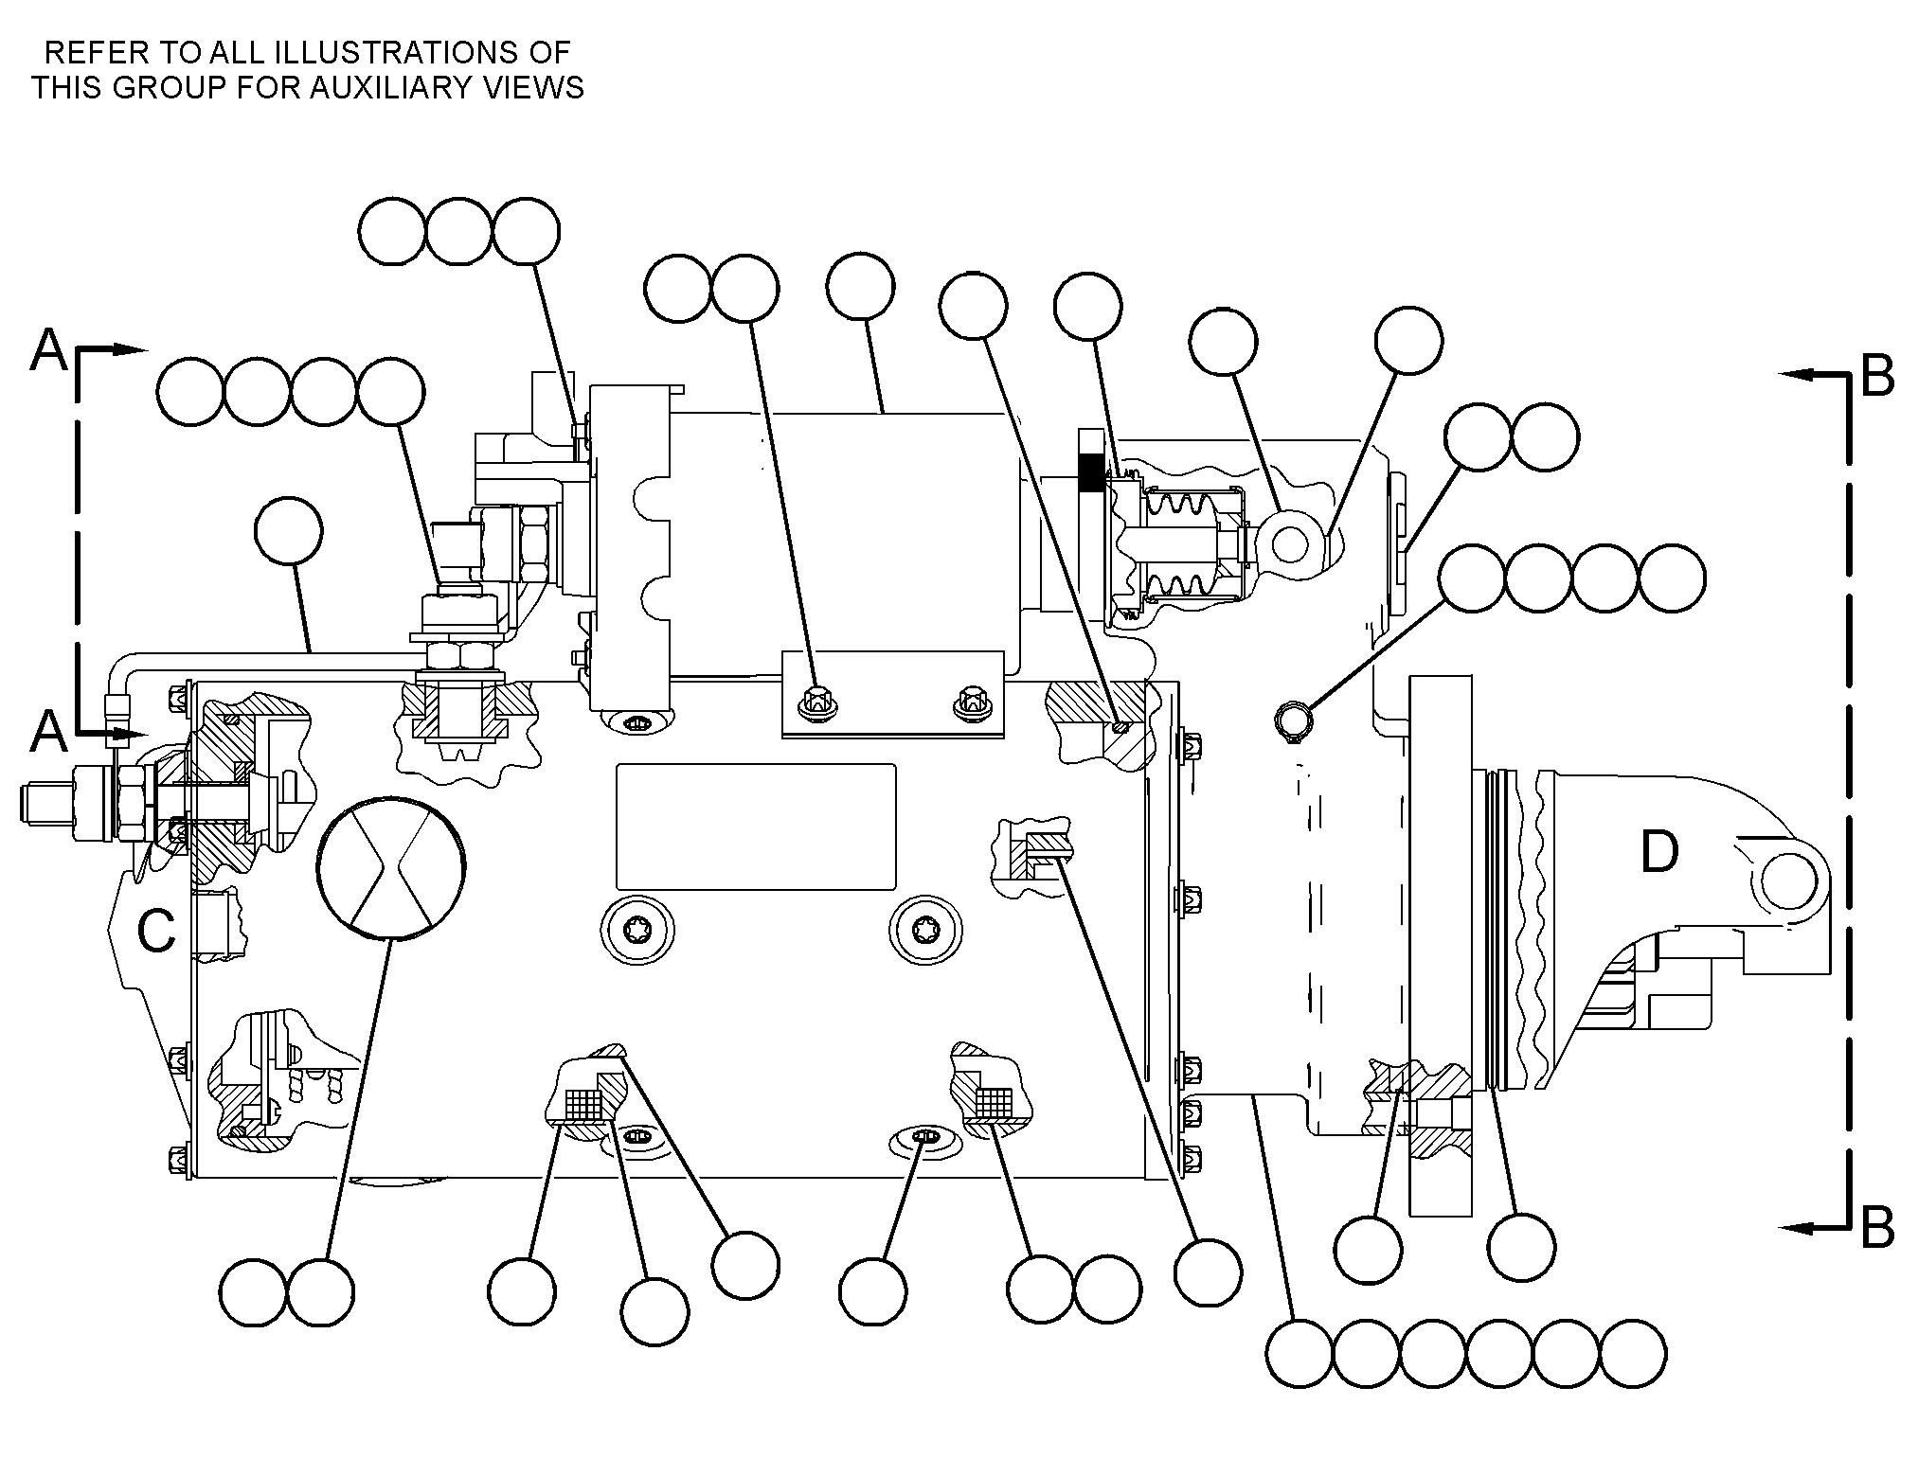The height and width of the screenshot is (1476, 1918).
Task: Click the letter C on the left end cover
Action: click(156, 930)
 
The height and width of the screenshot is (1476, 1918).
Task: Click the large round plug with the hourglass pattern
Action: click(392, 867)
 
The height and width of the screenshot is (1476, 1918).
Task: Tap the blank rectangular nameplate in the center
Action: click(756, 827)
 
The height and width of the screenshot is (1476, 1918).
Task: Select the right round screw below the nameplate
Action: click(925, 930)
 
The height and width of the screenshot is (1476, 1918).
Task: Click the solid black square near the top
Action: click(1091, 472)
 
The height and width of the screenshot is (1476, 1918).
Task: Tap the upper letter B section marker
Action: click(1877, 376)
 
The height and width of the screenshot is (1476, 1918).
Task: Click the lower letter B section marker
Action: click(1877, 1228)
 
